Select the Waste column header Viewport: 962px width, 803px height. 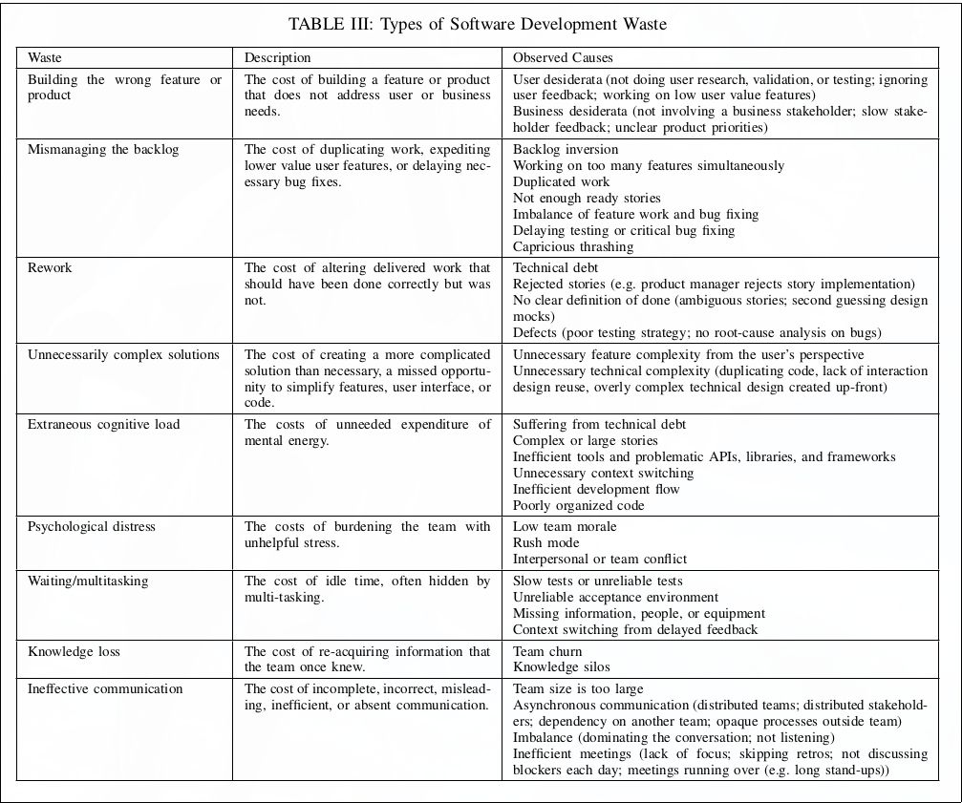point(45,58)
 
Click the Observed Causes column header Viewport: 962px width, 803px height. point(563,58)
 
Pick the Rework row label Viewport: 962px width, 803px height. point(50,268)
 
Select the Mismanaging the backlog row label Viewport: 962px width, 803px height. point(103,150)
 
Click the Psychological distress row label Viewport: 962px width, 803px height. point(92,527)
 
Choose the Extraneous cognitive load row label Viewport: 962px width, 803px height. point(103,425)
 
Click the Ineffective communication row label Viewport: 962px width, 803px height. point(105,689)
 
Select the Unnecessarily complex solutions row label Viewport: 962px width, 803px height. point(123,355)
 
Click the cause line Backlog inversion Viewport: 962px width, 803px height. point(566,150)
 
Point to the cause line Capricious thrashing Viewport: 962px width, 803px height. point(573,247)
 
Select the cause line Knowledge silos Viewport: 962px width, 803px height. point(561,667)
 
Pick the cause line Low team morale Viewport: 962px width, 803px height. point(565,527)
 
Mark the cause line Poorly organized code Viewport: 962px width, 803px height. point(579,506)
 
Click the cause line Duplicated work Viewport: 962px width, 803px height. point(561,182)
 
